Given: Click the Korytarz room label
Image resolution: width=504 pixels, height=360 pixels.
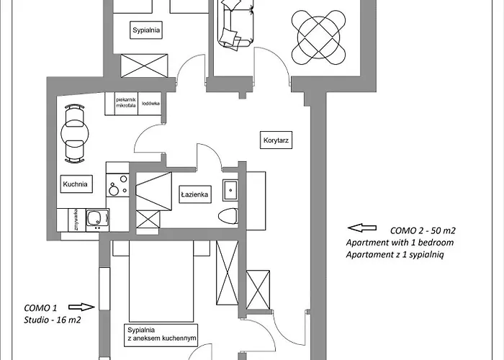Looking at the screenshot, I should [276, 141].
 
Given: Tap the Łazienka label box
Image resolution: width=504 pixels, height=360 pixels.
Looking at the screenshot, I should [194, 194].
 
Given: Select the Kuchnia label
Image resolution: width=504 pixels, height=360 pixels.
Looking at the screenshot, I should [75, 184].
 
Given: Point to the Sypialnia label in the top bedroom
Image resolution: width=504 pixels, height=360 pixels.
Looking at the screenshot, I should [145, 30].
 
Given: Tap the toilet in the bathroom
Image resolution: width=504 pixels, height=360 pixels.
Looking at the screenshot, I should [228, 215].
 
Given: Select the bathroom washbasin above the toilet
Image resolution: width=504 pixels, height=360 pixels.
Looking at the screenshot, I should [230, 190].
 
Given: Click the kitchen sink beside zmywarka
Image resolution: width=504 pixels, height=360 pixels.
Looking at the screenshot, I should [94, 219].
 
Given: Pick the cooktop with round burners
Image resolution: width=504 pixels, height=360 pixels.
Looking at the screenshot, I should [117, 186].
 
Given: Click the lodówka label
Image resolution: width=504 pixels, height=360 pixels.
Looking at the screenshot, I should [150, 103].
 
